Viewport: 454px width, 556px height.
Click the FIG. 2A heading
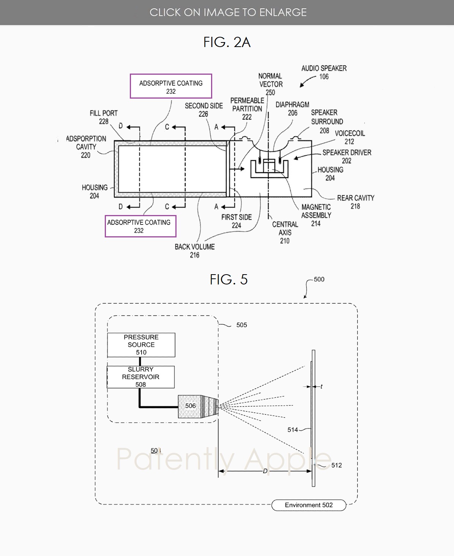pyautogui.click(x=227, y=42)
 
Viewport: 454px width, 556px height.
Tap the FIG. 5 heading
pyautogui.click(x=229, y=280)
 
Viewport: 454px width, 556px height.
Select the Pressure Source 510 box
pyautogui.click(x=141, y=345)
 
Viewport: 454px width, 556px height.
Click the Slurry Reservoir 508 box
pyautogui.click(x=140, y=377)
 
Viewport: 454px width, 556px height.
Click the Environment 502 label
pyautogui.click(x=309, y=505)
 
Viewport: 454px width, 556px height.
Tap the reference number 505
pyautogui.click(x=241, y=325)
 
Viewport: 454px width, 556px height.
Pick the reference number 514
pyautogui.click(x=293, y=430)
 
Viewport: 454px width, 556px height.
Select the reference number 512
pyautogui.click(x=336, y=465)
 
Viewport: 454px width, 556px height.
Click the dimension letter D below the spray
pyautogui.click(x=265, y=471)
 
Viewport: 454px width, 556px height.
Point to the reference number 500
pyautogui.click(x=319, y=280)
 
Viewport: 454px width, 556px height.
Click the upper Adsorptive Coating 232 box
pyautogui.click(x=171, y=86)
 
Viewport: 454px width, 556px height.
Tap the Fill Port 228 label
pyautogui.click(x=104, y=117)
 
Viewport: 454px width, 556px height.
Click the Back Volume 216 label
pyautogui.click(x=195, y=251)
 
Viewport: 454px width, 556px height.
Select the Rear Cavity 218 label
pyautogui.click(x=356, y=202)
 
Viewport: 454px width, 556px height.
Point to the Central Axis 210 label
pyautogui.click(x=285, y=232)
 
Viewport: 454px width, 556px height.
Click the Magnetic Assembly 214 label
pyautogui.click(x=316, y=215)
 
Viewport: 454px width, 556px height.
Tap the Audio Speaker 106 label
pyautogui.click(x=324, y=72)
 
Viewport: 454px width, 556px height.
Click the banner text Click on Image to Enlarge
pyautogui.click(x=228, y=13)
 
